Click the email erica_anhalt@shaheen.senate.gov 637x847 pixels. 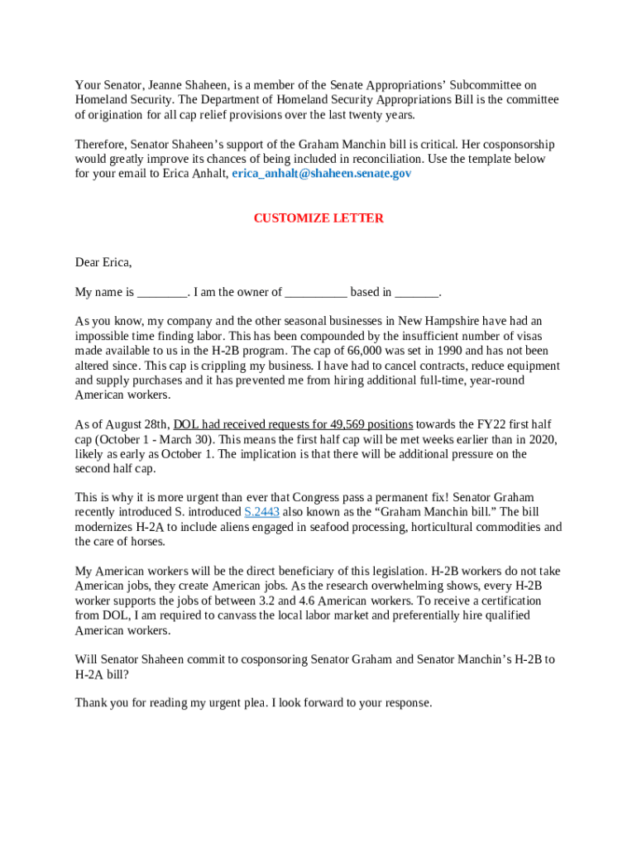[x=321, y=174]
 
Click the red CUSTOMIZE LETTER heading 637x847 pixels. [x=318, y=218]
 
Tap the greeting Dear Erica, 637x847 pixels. [x=103, y=262]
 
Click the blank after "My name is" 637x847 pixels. [x=162, y=292]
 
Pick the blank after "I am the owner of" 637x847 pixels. [x=316, y=292]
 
